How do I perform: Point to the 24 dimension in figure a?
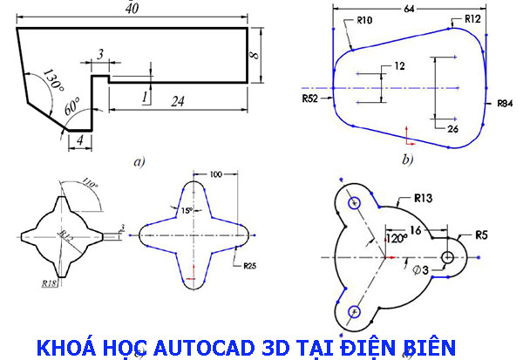click(178, 101)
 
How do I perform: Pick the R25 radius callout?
click(250, 265)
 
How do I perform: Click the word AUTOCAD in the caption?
click(210, 346)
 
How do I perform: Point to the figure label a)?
click(138, 160)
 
